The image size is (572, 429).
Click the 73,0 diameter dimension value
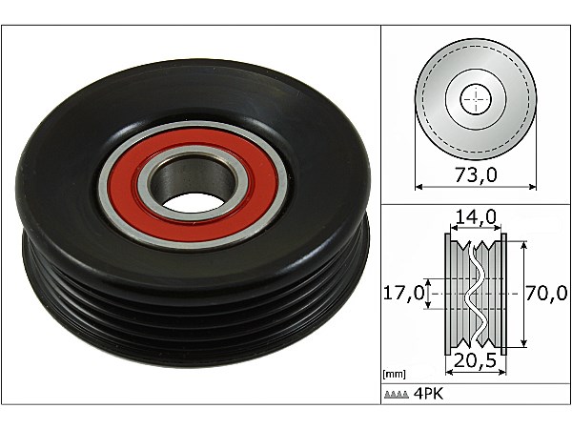click(x=476, y=175)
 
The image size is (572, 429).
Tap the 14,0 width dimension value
click(x=476, y=217)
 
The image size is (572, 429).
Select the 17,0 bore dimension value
click(x=404, y=293)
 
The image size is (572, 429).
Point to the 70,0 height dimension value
click(x=546, y=293)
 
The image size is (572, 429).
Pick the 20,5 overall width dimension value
click(x=476, y=360)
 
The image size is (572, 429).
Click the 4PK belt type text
click(x=428, y=394)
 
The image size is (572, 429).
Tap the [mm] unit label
click(x=394, y=375)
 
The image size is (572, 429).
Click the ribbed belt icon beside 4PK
click(x=397, y=395)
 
